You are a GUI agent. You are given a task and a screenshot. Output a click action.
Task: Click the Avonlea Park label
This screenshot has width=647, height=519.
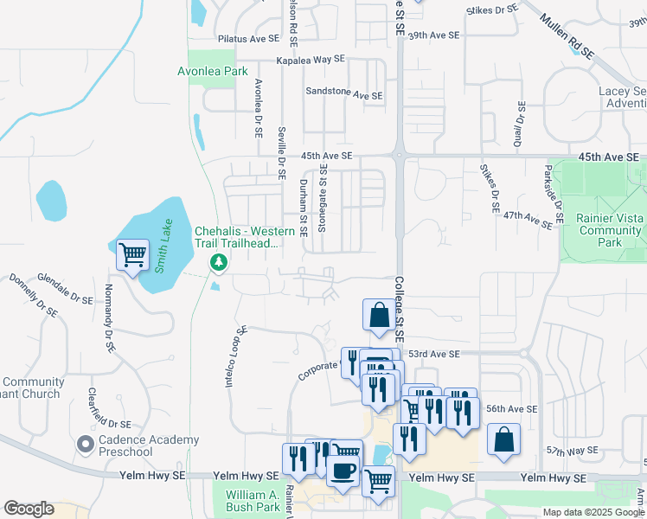(213, 72)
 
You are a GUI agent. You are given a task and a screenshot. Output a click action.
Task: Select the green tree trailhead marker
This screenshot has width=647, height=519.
(219, 261)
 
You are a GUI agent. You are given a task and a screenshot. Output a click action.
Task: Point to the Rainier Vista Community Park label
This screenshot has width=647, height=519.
(611, 231)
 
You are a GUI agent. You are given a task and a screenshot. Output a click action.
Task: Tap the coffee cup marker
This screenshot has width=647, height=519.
(344, 471)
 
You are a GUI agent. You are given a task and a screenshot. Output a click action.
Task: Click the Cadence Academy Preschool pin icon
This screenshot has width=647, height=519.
(85, 444)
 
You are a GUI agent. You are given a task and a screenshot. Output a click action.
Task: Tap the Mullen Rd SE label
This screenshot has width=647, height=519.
(567, 35)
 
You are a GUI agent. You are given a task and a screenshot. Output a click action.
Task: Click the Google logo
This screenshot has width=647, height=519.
(29, 509)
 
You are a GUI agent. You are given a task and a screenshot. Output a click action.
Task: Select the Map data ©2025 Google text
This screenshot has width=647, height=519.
(593, 512)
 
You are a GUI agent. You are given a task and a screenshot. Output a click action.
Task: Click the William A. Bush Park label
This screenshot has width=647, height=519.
(253, 501)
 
